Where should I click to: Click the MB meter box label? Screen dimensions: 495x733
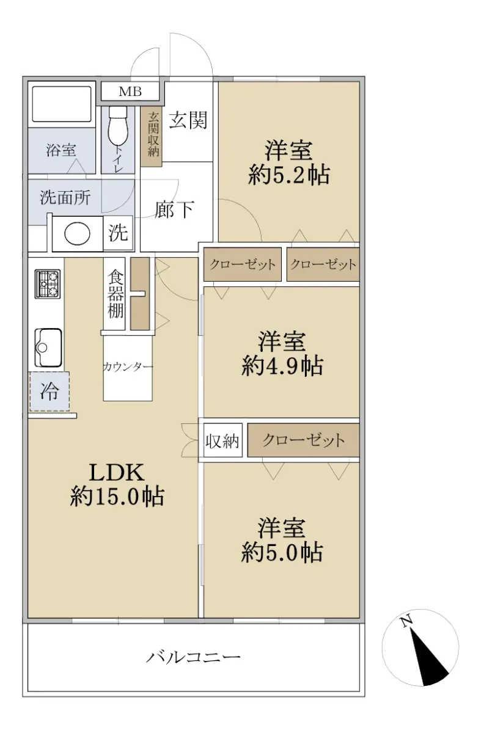130,92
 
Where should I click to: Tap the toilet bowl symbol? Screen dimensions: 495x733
117,126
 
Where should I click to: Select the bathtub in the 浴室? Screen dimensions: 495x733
62,104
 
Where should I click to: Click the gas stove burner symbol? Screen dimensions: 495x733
48,283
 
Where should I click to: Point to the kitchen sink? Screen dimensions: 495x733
48,348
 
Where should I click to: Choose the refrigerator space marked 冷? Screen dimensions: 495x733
50,392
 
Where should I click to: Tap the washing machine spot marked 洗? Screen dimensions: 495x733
118,233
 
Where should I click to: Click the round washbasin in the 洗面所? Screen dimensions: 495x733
77,233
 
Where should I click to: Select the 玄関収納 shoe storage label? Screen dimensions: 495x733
153,134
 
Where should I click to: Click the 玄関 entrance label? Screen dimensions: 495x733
188,120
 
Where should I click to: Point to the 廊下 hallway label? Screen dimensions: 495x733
174,210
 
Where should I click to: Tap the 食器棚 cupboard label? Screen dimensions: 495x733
116,294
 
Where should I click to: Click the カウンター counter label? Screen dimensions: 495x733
128,366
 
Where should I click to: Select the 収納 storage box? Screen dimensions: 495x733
222,440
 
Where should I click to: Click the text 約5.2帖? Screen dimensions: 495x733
288,175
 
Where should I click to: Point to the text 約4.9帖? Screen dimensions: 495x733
282,365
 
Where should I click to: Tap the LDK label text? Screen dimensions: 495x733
117,473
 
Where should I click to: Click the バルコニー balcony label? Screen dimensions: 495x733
194,657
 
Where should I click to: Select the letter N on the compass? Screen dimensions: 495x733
406,621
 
